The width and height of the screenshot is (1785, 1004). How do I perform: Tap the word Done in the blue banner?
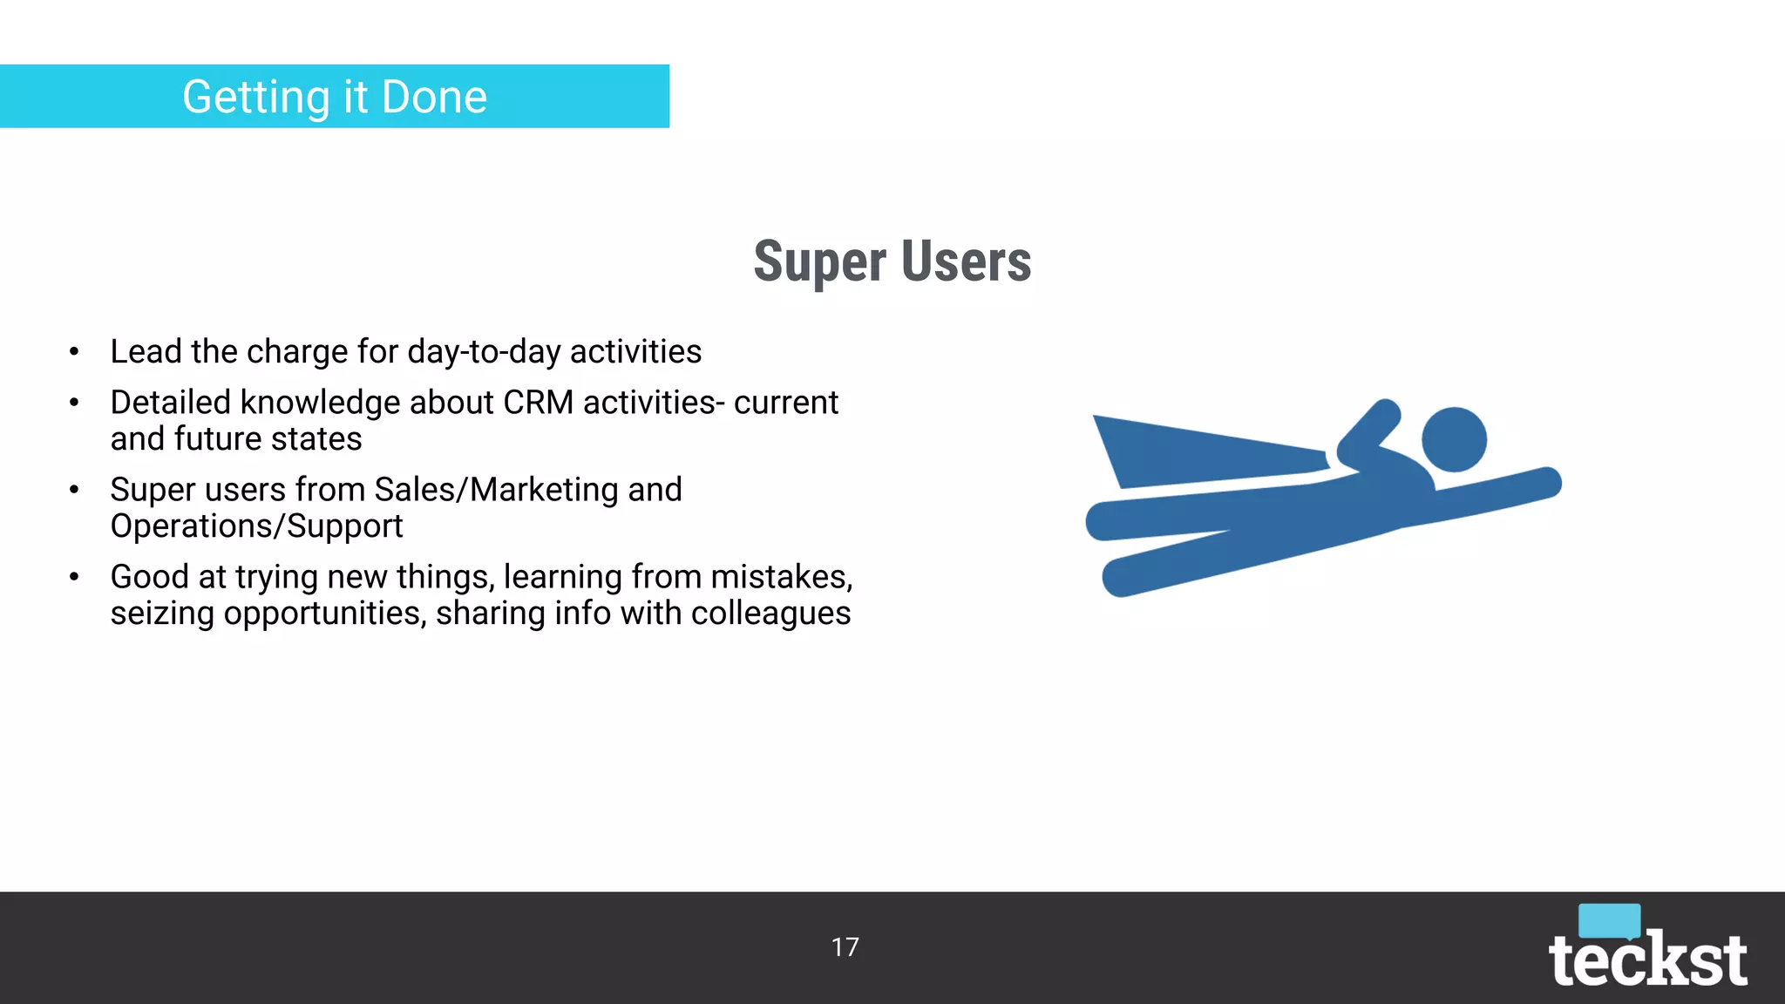[x=434, y=97]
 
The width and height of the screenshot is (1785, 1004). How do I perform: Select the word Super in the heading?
[x=819, y=261]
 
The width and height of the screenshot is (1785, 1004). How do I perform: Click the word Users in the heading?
[x=966, y=261]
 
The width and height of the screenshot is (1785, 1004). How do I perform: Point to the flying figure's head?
[x=1454, y=439]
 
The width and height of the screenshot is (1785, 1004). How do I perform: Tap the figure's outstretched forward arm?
[x=1499, y=493]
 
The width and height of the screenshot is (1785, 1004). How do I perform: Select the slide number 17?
[x=845, y=947]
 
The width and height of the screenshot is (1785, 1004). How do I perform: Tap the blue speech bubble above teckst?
[x=1609, y=920]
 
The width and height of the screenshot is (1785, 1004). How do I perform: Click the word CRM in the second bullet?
[x=538, y=403]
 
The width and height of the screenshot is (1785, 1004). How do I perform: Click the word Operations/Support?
[x=256, y=526]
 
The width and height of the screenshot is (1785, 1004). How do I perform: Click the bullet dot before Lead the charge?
[x=74, y=352]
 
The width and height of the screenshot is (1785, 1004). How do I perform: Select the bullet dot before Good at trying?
[x=74, y=577]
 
